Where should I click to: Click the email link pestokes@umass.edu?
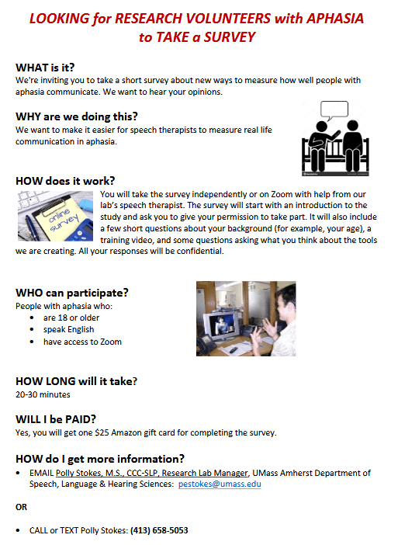tap(220, 484)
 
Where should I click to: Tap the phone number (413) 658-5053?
tap(159, 530)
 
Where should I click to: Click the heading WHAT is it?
tap(45, 68)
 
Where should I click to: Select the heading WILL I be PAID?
tap(56, 419)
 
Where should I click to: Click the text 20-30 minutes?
tap(43, 394)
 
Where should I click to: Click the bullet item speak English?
tap(68, 329)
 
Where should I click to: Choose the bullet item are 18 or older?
tap(71, 318)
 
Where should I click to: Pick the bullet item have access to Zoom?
tap(82, 342)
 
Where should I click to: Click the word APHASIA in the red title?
tap(335, 19)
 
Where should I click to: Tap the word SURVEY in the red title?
tap(230, 37)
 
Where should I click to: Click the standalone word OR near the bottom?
tap(21, 507)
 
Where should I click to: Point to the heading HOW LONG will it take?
tap(76, 381)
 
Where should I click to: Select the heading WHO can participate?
tap(72, 293)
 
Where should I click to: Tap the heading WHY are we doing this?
tap(77, 116)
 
